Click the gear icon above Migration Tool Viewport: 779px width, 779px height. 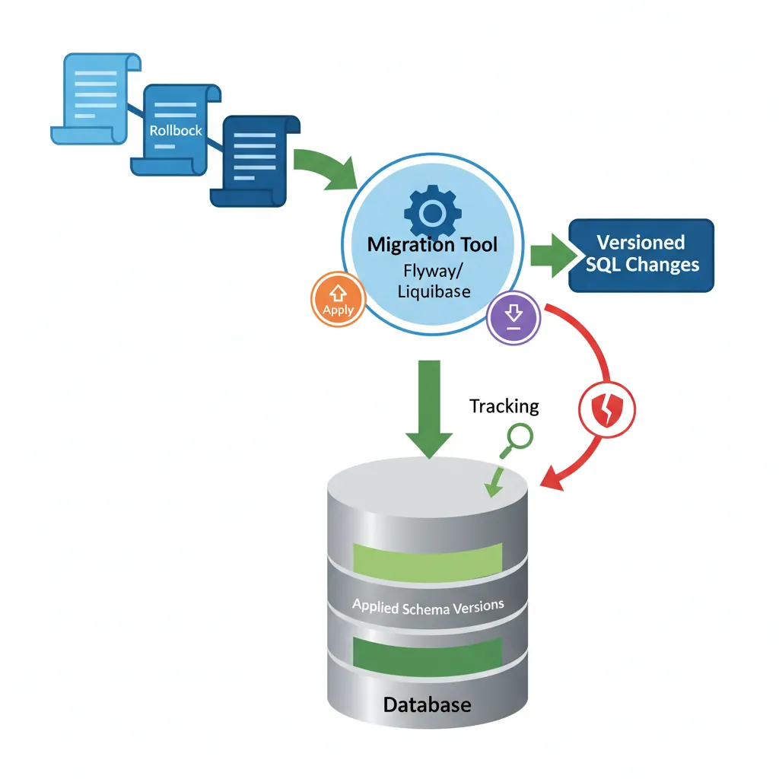432,212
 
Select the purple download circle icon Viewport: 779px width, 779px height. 514,316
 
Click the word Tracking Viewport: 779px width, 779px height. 504,406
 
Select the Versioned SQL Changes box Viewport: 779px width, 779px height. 641,255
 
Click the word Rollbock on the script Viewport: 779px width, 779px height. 176,131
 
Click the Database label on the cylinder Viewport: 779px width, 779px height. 427,704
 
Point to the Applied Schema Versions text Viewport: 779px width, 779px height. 428,607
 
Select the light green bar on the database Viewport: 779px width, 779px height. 428,558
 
